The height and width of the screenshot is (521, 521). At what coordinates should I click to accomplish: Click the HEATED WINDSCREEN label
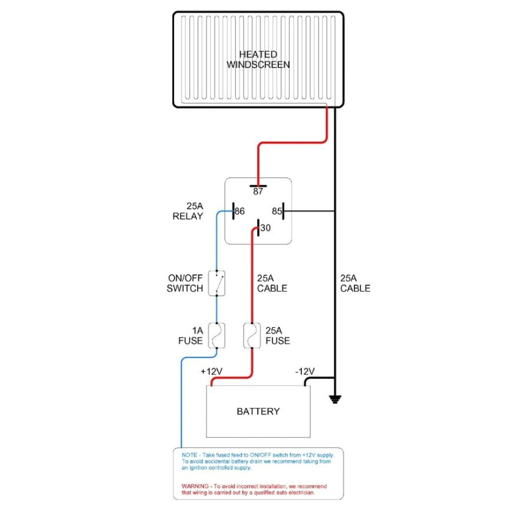coord(258,59)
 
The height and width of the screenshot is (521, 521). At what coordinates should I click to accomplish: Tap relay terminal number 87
coord(258,191)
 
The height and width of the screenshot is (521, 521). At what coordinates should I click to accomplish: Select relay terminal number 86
coord(240,211)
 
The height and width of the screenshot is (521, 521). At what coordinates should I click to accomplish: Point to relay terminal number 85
coord(277,211)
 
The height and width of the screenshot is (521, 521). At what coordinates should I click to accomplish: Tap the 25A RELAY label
coord(188,211)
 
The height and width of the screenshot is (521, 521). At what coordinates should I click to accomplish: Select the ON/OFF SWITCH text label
coord(185,283)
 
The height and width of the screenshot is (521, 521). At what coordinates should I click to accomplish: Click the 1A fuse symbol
coord(218,335)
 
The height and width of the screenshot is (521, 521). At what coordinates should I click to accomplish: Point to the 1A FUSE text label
coord(190,335)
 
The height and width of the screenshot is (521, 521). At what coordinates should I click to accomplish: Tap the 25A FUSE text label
coord(278,335)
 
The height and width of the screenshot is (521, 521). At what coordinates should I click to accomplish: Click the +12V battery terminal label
coord(211,371)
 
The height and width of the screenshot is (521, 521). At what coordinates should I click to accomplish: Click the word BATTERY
coord(258,411)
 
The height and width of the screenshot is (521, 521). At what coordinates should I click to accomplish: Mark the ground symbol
coord(335,399)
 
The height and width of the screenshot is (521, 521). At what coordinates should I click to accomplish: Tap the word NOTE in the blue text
coord(189,456)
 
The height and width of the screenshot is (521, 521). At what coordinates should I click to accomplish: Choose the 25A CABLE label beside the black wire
coord(355,283)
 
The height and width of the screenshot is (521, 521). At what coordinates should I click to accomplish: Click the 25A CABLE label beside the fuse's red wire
coord(272,283)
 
